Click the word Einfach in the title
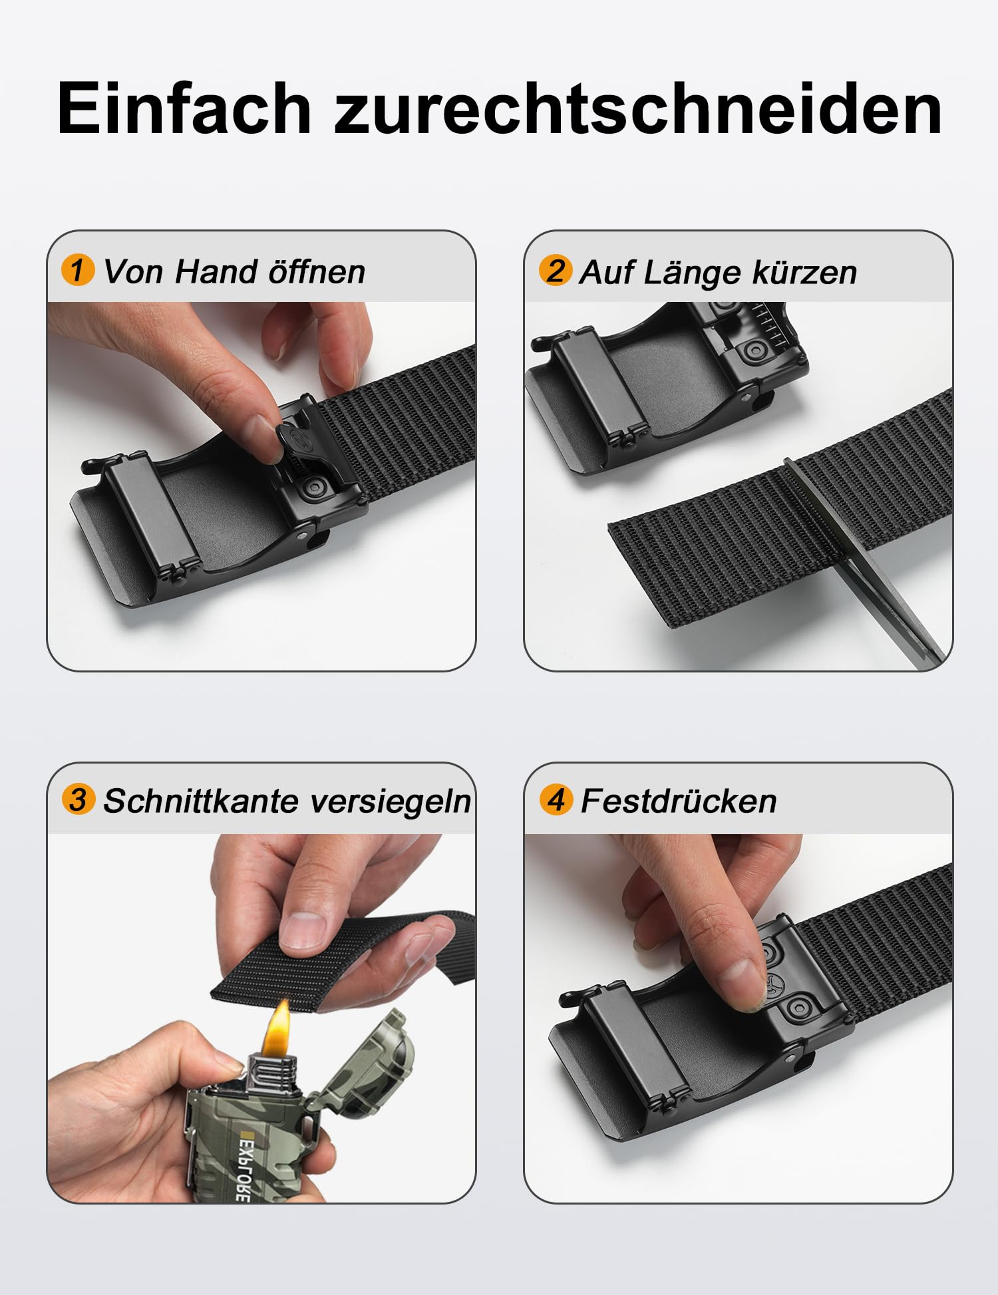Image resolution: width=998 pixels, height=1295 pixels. click(x=184, y=108)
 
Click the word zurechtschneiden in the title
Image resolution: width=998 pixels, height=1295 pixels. click(x=638, y=108)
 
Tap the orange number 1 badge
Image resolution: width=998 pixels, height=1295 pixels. click(x=78, y=269)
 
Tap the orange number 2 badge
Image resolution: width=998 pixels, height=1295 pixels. click(x=555, y=269)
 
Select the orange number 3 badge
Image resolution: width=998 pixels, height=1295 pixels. click(x=78, y=799)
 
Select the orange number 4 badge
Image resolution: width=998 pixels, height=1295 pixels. click(x=556, y=799)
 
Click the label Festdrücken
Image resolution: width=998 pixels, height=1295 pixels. click(x=679, y=800)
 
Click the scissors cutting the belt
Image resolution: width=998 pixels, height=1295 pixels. click(x=865, y=559)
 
